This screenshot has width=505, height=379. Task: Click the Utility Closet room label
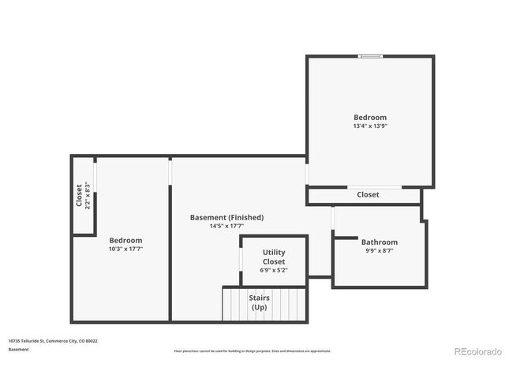(274, 257)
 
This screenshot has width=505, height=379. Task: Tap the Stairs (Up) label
(260, 302)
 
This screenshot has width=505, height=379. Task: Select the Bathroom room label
(380, 242)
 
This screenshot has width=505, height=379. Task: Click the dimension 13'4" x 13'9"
(370, 126)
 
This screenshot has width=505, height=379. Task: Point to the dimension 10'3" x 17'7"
(125, 249)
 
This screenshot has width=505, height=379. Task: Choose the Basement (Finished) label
(226, 217)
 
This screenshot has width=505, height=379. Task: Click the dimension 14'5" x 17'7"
(226, 226)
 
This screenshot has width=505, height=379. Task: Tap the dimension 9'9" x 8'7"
(380, 250)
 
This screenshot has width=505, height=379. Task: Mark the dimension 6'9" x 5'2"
(274, 270)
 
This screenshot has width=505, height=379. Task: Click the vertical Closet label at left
(79, 195)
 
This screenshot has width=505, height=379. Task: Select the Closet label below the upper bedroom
(368, 194)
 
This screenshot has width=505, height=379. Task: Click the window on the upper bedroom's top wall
(370, 56)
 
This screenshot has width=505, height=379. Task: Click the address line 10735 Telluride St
(53, 341)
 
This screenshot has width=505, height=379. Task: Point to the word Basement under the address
(19, 349)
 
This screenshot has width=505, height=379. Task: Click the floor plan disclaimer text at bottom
(252, 351)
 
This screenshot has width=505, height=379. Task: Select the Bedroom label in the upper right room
(370, 117)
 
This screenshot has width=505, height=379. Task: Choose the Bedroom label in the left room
(125, 240)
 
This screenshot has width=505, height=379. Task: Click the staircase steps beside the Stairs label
(235, 304)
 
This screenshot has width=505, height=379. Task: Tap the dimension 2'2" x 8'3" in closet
(88, 195)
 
